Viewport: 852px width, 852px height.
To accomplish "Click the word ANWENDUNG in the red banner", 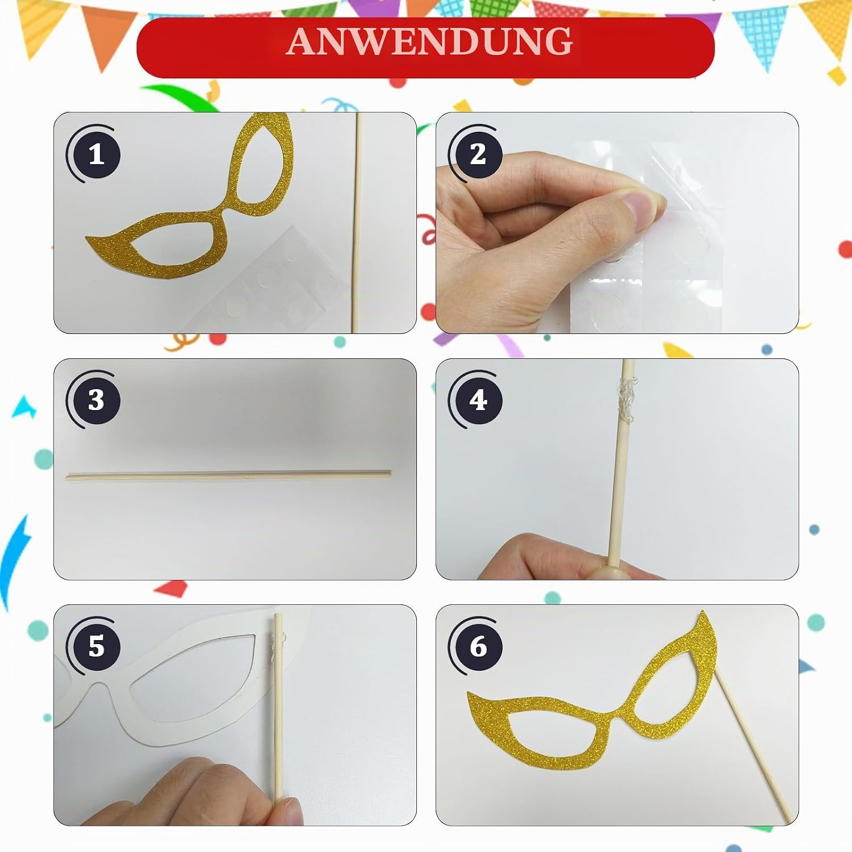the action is (429, 41).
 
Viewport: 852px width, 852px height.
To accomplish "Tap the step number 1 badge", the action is (95, 154).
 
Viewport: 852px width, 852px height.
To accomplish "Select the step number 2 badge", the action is (478, 154).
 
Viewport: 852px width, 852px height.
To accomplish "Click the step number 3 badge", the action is (95, 400).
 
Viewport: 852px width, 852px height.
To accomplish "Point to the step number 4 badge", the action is (478, 400).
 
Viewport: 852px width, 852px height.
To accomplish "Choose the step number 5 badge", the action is (95, 646).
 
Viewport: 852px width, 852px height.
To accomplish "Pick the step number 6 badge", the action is (478, 646).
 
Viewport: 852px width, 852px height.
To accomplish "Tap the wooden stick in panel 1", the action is (357, 223).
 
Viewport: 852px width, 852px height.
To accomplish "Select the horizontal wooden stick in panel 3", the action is (229, 475).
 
